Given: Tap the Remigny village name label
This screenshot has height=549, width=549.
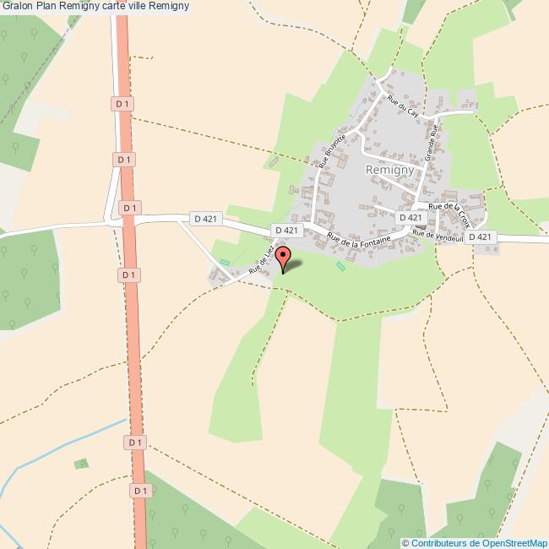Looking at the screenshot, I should point(388,169).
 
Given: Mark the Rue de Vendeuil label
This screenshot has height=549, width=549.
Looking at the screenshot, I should point(438,237).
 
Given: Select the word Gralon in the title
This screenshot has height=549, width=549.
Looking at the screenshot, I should point(18,8).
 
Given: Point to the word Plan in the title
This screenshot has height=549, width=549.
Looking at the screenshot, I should point(47,8).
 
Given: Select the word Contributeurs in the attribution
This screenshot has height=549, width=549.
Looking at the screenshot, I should point(440,542).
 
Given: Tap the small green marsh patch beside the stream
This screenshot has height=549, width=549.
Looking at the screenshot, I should point(82,464).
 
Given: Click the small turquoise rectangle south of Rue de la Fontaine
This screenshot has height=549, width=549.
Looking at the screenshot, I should point(340,267).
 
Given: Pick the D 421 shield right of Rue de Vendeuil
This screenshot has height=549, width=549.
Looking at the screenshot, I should point(480,237).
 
